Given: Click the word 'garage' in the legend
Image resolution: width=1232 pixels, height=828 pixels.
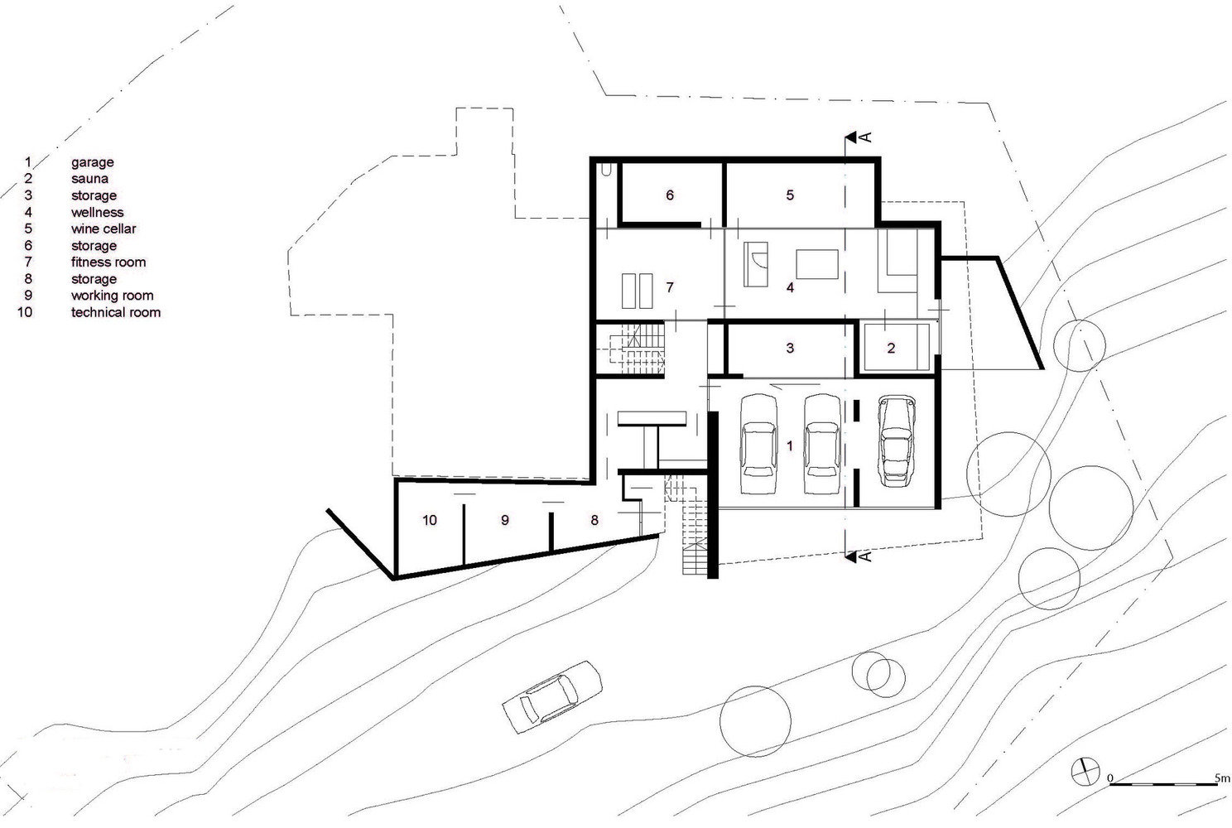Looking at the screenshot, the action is click(93, 162).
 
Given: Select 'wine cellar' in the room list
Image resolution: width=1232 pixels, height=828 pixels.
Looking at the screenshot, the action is click(103, 229).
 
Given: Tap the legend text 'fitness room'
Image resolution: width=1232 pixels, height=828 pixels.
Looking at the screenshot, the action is click(108, 262).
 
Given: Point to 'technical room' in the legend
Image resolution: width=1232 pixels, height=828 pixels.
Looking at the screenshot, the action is click(116, 312).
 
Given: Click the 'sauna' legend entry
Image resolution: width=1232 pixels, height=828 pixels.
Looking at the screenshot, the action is click(89, 179).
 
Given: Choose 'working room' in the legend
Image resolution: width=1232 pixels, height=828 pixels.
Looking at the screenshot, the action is click(113, 296).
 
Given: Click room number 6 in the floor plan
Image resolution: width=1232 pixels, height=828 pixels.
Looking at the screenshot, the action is click(669, 195).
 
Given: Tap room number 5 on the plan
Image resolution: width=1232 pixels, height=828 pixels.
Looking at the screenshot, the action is click(790, 195).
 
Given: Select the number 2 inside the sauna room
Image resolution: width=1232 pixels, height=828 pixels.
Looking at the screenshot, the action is click(891, 348).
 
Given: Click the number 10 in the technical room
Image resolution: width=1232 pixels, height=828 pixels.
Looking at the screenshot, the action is click(430, 520).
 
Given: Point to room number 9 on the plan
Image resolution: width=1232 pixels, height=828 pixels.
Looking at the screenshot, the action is click(505, 520).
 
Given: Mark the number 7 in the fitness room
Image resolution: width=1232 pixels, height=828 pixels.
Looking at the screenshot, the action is click(669, 287).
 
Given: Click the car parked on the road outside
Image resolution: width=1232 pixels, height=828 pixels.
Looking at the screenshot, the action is click(552, 697).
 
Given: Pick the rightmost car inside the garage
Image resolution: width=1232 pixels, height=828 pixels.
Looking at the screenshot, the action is click(897, 440).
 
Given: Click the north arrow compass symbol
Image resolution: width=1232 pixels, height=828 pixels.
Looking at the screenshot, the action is click(1085, 772).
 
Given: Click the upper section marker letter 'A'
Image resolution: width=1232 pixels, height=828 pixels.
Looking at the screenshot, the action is click(866, 137).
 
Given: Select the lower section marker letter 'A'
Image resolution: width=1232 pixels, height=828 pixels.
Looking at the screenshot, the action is click(866, 556).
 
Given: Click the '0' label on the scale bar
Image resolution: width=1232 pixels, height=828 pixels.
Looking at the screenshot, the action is click(1110, 778).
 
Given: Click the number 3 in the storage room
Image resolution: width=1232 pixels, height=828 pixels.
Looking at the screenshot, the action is click(790, 348).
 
